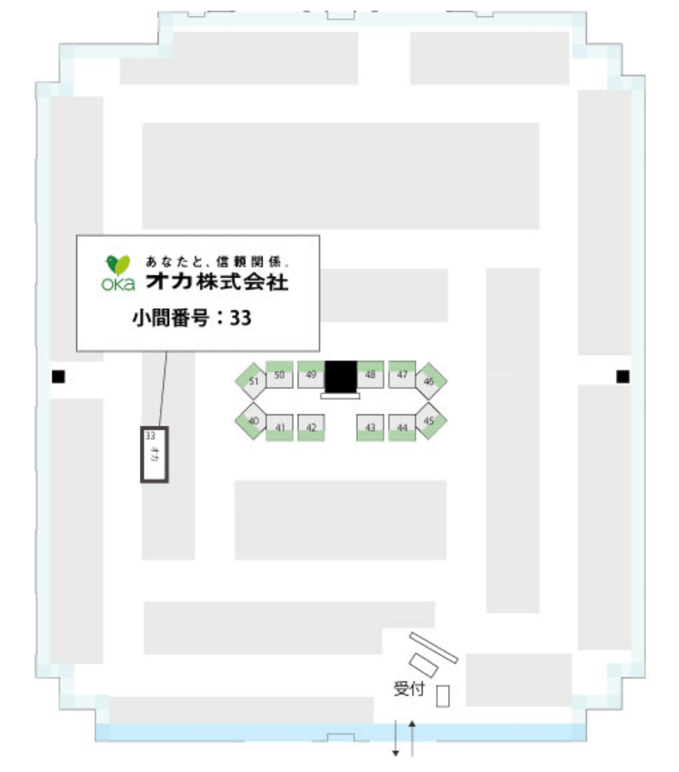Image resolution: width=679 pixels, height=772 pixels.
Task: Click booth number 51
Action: pyautogui.click(x=253, y=382)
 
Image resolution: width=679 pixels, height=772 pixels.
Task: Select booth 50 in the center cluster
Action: pyautogui.click(x=279, y=375)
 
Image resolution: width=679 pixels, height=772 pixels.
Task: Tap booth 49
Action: pyautogui.click(x=311, y=375)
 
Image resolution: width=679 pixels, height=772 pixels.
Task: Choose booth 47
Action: pyautogui.click(x=402, y=375)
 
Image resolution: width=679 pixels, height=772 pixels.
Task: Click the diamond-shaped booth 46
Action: pyautogui.click(x=429, y=382)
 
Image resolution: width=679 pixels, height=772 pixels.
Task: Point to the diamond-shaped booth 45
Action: pyautogui.click(x=429, y=421)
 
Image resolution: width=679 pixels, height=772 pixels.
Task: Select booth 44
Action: pyautogui.click(x=402, y=427)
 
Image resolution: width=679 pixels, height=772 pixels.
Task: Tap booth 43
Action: pyautogui.click(x=369, y=427)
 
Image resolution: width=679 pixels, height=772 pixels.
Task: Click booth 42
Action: pyautogui.click(x=311, y=427)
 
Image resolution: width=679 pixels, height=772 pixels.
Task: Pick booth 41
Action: pyautogui.click(x=280, y=427)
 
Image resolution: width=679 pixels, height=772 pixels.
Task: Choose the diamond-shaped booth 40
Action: pyautogui.click(x=254, y=421)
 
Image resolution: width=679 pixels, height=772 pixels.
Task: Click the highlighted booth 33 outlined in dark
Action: pyautogui.click(x=155, y=453)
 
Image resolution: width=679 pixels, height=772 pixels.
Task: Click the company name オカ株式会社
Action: pyautogui.click(x=218, y=283)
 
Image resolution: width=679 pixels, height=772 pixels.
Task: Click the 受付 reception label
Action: pyautogui.click(x=409, y=689)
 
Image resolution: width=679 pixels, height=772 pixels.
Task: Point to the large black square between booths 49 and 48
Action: pyautogui.click(x=340, y=376)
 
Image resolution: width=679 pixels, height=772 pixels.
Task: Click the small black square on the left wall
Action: pyautogui.click(x=58, y=376)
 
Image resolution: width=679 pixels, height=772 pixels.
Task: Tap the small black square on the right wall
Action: pyautogui.click(x=622, y=376)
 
